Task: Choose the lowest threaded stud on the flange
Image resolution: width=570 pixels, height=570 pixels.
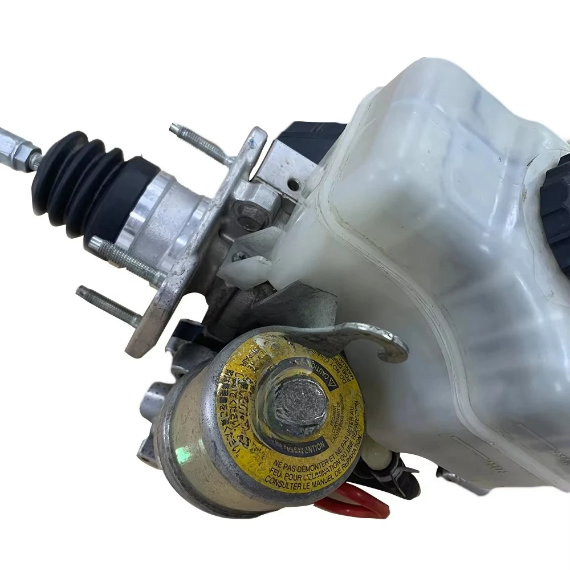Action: [108, 305]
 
